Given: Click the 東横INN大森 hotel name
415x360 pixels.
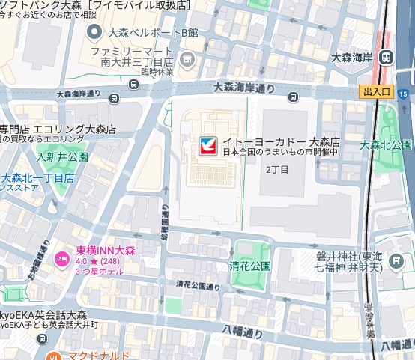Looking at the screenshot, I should point(105,249).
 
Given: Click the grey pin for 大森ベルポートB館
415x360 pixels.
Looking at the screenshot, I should point(94,32).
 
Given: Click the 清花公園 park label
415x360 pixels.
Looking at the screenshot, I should point(250,266).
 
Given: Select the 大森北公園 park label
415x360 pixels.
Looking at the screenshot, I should point(386,144).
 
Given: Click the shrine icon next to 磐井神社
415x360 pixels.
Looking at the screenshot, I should point(398,260).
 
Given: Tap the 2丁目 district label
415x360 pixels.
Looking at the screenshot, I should point(277,169).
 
